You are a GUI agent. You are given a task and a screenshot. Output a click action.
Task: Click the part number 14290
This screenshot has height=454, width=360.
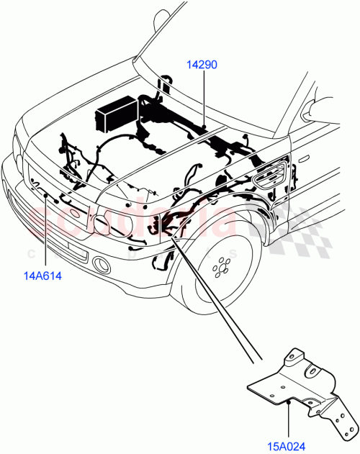coord(202,65)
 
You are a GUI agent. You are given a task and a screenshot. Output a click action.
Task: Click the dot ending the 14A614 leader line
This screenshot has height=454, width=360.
coord(47,195)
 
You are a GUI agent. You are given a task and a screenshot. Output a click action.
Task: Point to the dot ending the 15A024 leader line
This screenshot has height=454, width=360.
coord(288,404)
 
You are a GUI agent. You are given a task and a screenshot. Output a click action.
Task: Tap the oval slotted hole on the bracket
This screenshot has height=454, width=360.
coord(314,371)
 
